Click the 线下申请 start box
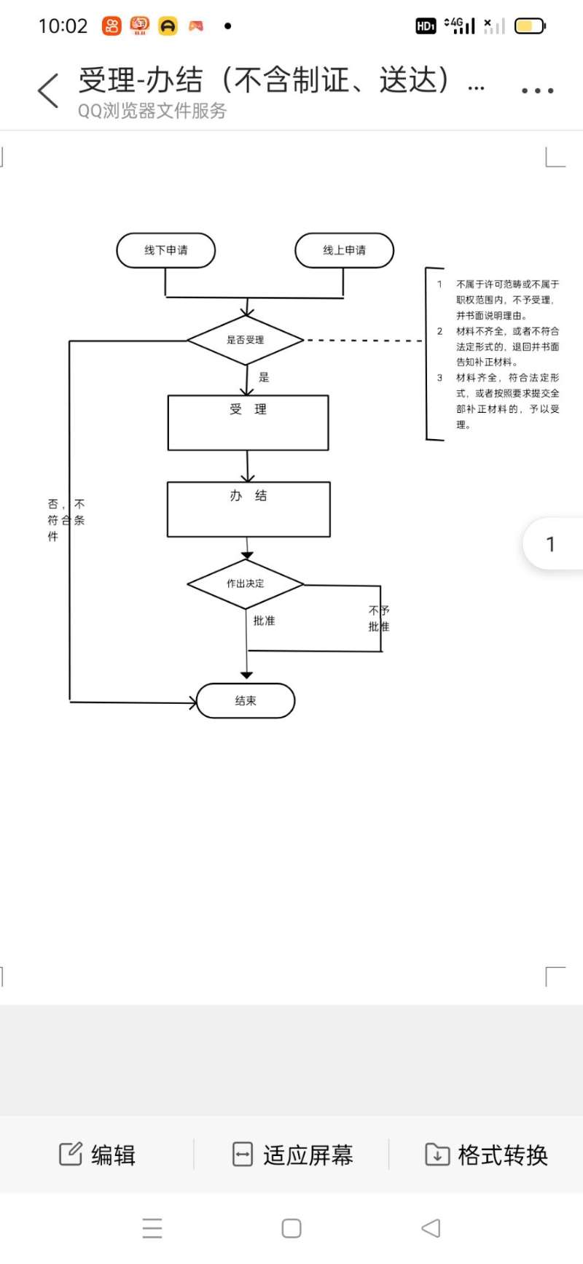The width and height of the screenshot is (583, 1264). click(x=166, y=250)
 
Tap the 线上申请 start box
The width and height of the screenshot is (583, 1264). click(x=344, y=250)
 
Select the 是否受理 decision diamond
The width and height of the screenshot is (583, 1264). click(x=246, y=340)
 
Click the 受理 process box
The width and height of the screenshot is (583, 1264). click(x=249, y=423)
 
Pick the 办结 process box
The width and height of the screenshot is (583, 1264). click(x=249, y=509)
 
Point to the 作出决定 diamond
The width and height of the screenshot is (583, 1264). click(x=246, y=583)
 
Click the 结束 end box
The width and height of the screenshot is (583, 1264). click(x=246, y=701)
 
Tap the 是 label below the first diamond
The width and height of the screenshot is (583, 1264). click(x=264, y=377)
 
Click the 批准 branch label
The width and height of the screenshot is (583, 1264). click(x=264, y=621)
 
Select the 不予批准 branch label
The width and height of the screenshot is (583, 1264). click(x=379, y=619)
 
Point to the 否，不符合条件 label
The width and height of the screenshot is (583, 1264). click(x=66, y=520)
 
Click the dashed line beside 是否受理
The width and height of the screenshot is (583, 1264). click(x=364, y=341)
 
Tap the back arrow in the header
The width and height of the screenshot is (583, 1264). click(x=48, y=90)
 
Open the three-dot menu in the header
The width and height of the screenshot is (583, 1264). click(x=538, y=90)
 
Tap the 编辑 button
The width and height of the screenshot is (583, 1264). click(x=97, y=1155)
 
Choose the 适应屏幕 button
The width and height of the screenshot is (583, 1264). click(x=292, y=1155)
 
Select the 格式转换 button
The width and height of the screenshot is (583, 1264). click(x=486, y=1155)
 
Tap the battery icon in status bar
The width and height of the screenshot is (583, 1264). click(x=530, y=26)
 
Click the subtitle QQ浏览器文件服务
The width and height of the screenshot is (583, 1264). click(x=152, y=111)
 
